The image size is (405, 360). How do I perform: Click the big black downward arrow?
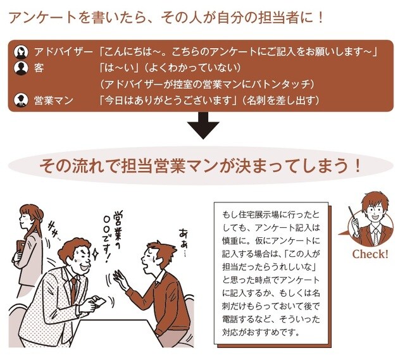(x=202, y=127)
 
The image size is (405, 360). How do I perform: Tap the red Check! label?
(x=370, y=254)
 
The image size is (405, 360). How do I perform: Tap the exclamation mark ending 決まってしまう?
(x=359, y=166)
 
